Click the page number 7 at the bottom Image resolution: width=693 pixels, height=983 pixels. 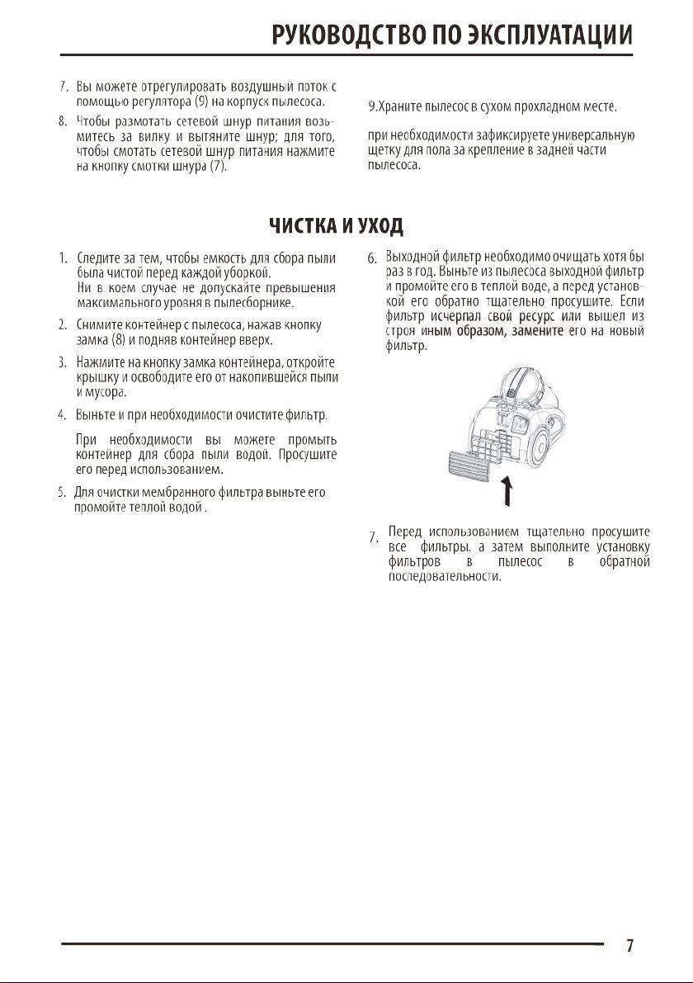click(x=629, y=946)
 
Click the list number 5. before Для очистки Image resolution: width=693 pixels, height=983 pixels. click(x=61, y=493)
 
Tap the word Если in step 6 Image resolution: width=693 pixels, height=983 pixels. click(x=631, y=301)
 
